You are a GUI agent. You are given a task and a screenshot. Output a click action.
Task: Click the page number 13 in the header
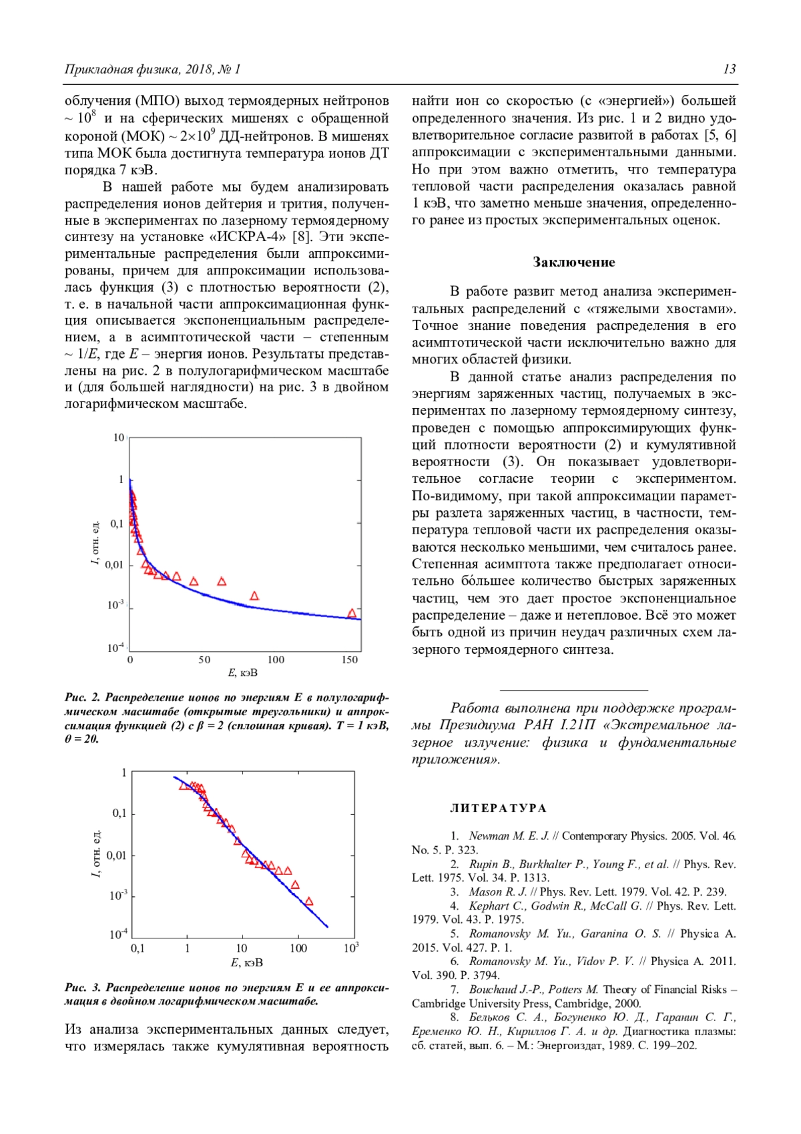pyautogui.click(x=729, y=69)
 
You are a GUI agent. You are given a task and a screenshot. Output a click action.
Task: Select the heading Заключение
pyautogui.click(x=573, y=262)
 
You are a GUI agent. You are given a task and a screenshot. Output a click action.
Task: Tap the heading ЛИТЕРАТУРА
pyautogui.click(x=498, y=809)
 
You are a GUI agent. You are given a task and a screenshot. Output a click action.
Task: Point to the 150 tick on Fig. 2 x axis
pyautogui.click(x=350, y=660)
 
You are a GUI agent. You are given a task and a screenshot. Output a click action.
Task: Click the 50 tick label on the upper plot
pyautogui.click(x=204, y=660)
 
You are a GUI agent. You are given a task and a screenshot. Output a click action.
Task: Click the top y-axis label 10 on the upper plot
pyautogui.click(x=119, y=438)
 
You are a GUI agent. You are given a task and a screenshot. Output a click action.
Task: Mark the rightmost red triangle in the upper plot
pyautogui.click(x=352, y=613)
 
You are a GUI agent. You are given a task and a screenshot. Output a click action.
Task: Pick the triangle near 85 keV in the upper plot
pyautogui.click(x=254, y=596)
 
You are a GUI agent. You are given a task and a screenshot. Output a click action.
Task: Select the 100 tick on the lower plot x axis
pyautogui.click(x=298, y=948)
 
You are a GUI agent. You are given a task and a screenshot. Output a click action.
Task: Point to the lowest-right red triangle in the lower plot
pyautogui.click(x=309, y=902)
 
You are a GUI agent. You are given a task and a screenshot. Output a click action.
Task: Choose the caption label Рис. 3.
pyautogui.click(x=82, y=988)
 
